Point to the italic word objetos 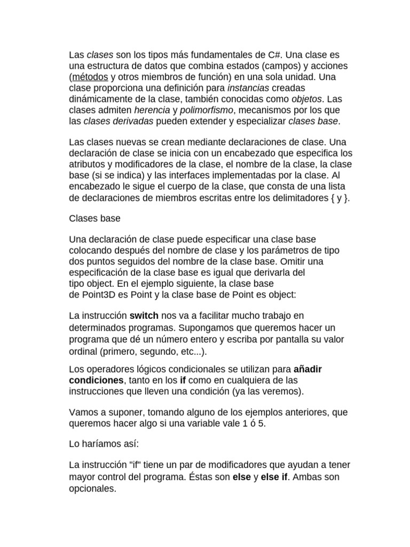point(307,99)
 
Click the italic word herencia point(151,110)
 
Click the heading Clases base point(95,218)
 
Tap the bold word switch point(144,316)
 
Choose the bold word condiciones point(97,380)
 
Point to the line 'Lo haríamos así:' point(104,444)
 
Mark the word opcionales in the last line point(92,488)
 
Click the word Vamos point(82,412)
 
